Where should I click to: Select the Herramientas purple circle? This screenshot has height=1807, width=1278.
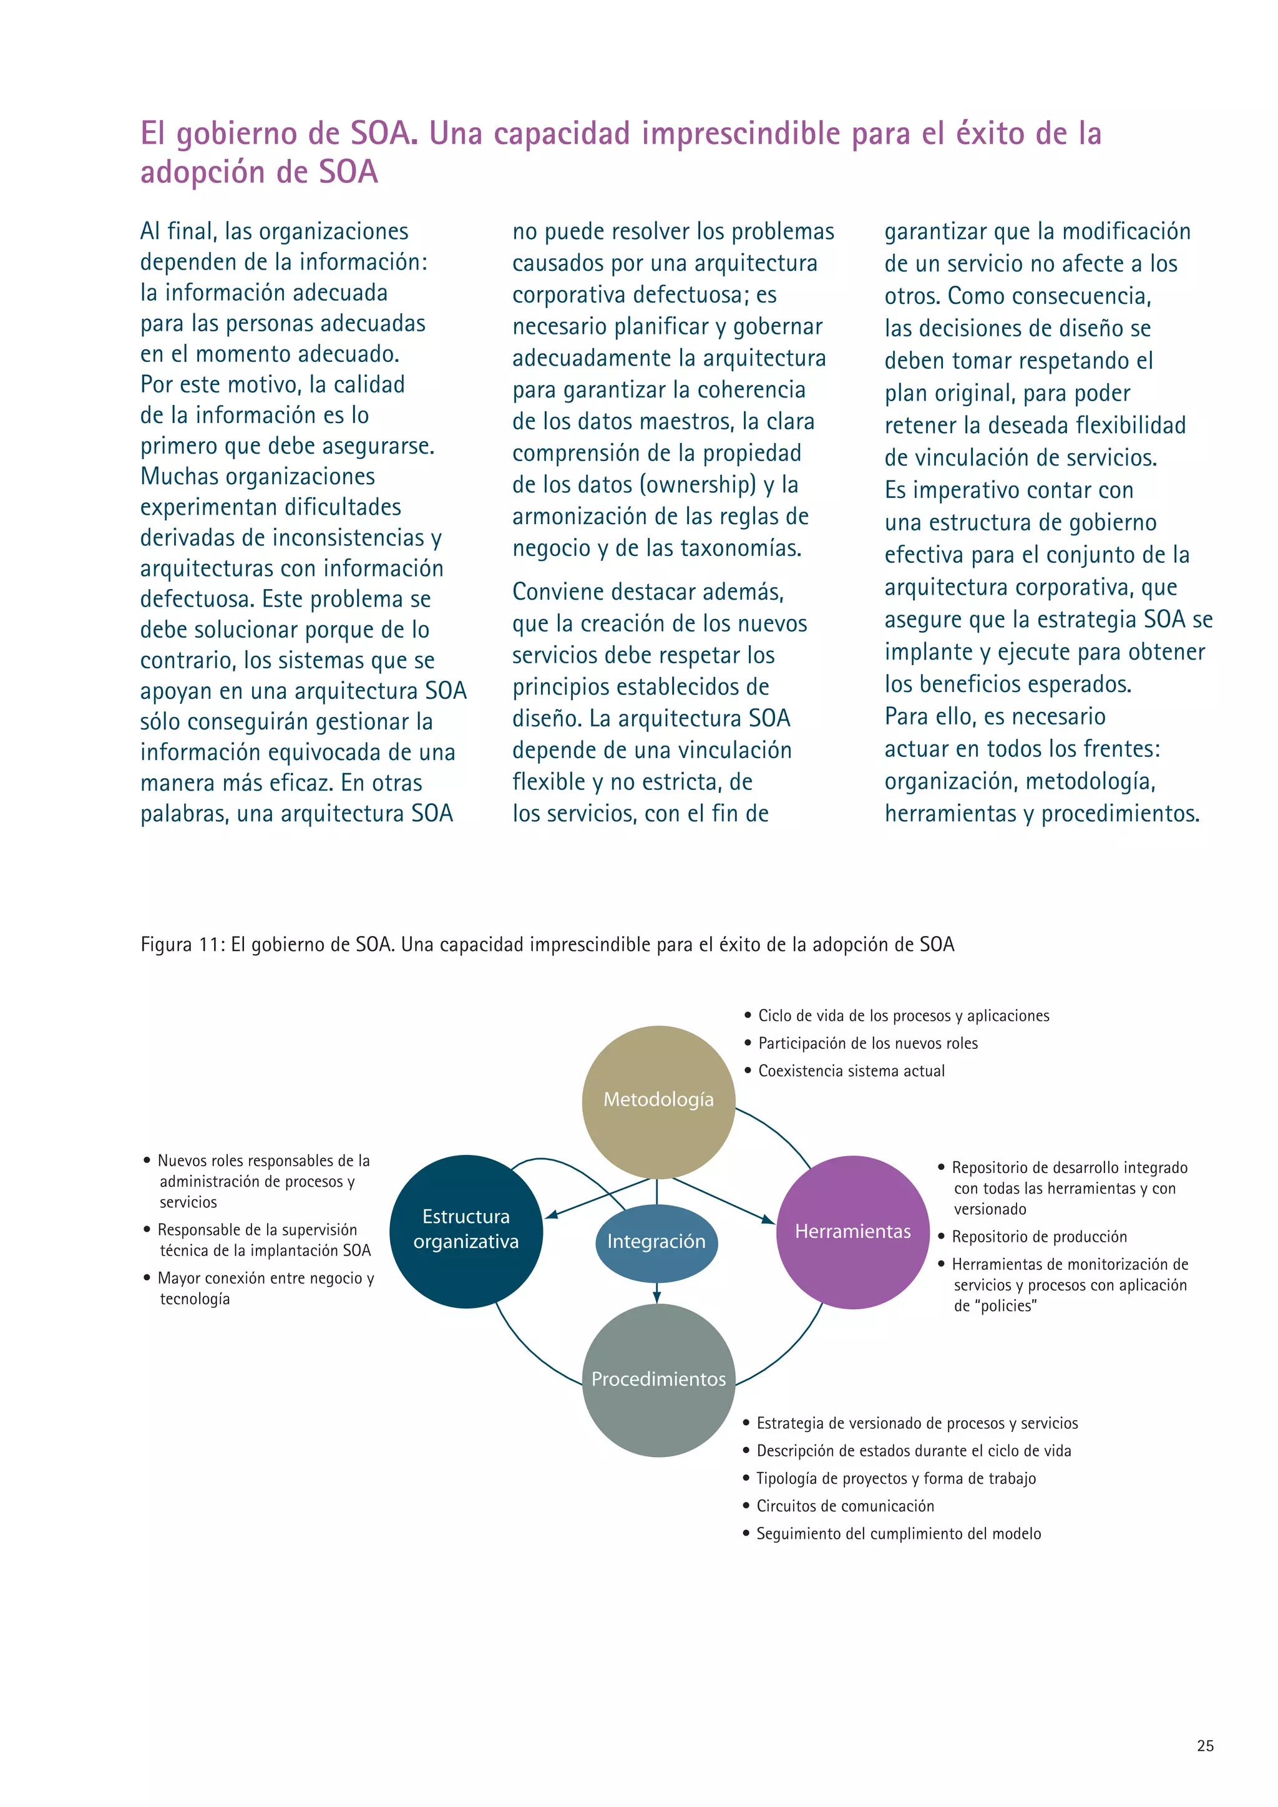[853, 1232]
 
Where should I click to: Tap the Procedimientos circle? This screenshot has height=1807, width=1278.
[659, 1379]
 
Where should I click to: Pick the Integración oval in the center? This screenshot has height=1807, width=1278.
[656, 1242]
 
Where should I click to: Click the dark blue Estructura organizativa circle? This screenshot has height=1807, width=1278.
[466, 1229]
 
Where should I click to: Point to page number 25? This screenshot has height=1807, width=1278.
[1205, 1746]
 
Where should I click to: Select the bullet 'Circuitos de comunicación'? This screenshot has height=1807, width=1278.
[845, 1506]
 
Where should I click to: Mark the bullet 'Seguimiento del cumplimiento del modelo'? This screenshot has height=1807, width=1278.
[898, 1533]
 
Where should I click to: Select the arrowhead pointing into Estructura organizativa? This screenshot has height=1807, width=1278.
[552, 1216]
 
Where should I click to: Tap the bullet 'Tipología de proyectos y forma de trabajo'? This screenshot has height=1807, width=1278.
[895, 1478]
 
